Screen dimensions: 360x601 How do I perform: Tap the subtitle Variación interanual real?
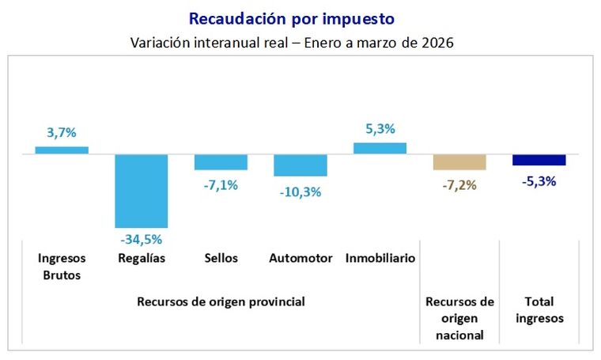click(x=291, y=42)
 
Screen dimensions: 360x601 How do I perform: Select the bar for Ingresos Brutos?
click(x=62, y=150)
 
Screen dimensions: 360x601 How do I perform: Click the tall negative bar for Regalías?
click(x=142, y=191)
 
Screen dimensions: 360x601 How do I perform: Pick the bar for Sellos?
click(x=221, y=162)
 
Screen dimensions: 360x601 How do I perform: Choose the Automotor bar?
click(x=300, y=165)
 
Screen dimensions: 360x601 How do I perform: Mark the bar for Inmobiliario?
click(x=380, y=148)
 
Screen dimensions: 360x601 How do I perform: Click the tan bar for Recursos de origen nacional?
click(x=459, y=162)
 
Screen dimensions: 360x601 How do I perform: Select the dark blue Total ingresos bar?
click(x=539, y=160)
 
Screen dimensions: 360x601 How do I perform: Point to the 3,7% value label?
click(x=62, y=133)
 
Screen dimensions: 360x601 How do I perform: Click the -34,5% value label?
click(x=142, y=237)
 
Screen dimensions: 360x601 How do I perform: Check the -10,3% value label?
click(x=300, y=191)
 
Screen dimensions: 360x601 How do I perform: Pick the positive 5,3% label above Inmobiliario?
click(x=380, y=129)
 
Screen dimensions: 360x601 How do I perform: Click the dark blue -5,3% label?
click(x=539, y=180)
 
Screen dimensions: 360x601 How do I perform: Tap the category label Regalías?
click(x=142, y=258)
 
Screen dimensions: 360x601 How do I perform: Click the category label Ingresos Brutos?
click(x=62, y=267)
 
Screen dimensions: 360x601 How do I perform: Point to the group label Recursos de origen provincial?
click(x=221, y=301)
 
